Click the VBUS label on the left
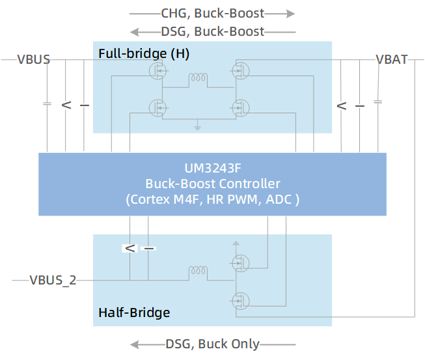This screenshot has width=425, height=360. point(33,60)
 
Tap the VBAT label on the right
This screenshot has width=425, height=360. point(392,60)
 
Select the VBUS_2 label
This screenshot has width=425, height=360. point(53,281)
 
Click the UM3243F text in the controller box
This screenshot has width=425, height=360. point(212,168)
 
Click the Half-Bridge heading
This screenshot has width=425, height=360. point(134,312)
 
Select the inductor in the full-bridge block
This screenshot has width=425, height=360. point(198,80)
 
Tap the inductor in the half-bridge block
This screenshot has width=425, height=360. point(198,271)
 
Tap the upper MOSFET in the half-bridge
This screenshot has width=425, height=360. point(240,262)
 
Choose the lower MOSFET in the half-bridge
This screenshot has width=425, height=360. point(240,300)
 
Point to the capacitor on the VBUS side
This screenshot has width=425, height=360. point(48,104)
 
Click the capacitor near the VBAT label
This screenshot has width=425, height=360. point(377,102)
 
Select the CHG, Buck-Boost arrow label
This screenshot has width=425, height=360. point(212,12)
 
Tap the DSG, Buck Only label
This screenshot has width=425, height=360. point(212,344)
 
